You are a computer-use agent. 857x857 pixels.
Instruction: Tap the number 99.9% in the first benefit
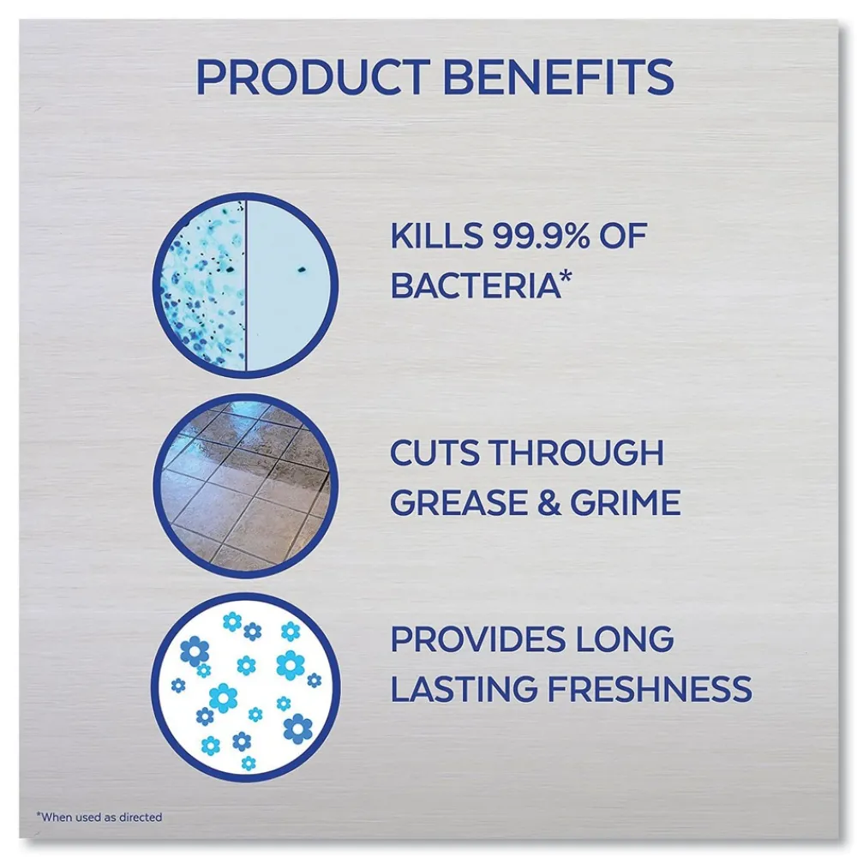541,237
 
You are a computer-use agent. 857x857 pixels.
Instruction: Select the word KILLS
437,237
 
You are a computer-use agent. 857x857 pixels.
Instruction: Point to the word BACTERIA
476,285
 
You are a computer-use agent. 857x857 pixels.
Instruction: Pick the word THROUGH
576,452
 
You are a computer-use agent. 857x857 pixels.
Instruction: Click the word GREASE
458,502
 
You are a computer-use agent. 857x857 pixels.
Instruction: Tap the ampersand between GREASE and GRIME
548,502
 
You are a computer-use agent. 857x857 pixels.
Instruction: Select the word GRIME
626,502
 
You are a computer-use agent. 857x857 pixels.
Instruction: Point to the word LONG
625,639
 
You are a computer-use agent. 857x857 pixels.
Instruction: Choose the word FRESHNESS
650,688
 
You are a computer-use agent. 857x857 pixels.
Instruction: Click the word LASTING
464,688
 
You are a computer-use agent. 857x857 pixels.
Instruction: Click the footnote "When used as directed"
99,817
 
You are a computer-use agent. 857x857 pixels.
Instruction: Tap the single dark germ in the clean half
301,269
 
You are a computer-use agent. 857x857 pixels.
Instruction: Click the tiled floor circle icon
245,485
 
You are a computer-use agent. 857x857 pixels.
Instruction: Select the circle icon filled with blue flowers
245,687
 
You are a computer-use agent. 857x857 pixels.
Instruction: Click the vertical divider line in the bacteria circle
245,285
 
